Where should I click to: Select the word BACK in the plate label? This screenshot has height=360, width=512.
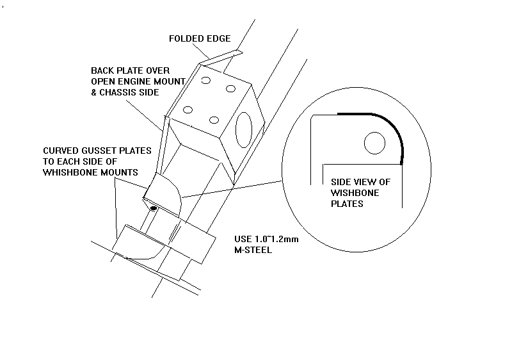[x=102, y=70]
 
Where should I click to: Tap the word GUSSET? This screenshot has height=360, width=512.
[x=97, y=151]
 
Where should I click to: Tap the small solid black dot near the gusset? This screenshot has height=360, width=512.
[x=154, y=208]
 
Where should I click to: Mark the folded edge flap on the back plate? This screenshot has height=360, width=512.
[x=221, y=57]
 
